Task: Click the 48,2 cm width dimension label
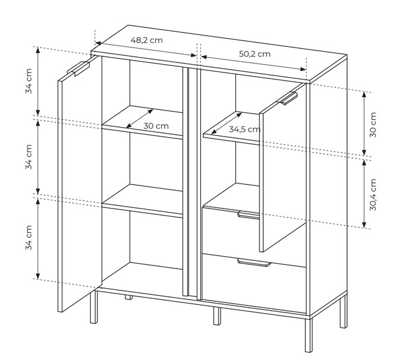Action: click(x=147, y=40)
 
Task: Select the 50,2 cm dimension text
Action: click(x=254, y=54)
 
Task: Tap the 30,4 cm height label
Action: click(x=373, y=195)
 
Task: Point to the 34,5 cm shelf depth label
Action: click(x=244, y=130)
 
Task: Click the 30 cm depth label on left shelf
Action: click(x=156, y=126)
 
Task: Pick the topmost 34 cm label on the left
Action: click(x=29, y=81)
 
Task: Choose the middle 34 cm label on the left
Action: click(x=29, y=157)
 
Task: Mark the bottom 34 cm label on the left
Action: click(x=29, y=238)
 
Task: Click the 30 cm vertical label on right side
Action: click(x=373, y=125)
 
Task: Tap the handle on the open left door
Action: click(x=78, y=68)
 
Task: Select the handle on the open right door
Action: click(x=287, y=99)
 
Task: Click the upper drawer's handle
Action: click(x=248, y=215)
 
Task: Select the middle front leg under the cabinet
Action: click(x=217, y=316)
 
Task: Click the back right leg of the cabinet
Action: click(x=343, y=311)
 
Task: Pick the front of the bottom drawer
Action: click(x=254, y=284)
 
